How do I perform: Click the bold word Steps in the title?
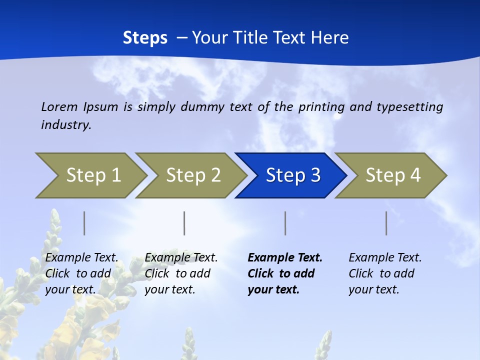[145, 38]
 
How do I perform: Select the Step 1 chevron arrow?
[93, 175]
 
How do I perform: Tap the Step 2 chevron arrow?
[193, 175]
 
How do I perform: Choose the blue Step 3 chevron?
[293, 175]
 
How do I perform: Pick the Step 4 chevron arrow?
[393, 175]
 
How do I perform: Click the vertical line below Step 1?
[84, 223]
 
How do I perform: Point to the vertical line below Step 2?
[184, 223]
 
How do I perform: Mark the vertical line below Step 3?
[285, 223]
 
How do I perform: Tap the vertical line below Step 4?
[386, 223]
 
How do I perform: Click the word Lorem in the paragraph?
[59, 106]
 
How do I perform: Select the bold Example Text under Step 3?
[285, 257]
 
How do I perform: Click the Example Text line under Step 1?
[82, 257]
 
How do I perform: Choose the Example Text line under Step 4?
[385, 257]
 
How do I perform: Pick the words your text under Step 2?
[170, 289]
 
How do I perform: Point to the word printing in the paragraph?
[321, 106]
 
